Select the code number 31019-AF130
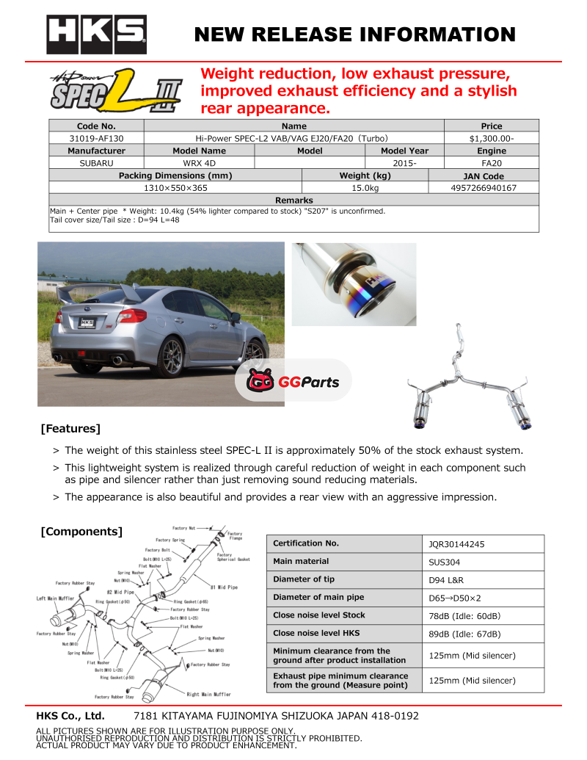coord(96,138)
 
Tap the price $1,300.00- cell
coord(491,138)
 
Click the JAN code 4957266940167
coord(484,188)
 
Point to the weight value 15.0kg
coord(365,188)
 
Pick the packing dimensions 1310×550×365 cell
coord(175,188)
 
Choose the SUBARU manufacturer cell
coord(96,163)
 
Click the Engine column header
coord(491,151)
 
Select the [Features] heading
coord(70,428)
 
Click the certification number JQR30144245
coord(456,544)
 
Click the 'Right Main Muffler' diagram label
coord(208,694)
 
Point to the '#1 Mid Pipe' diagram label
coord(224,587)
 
